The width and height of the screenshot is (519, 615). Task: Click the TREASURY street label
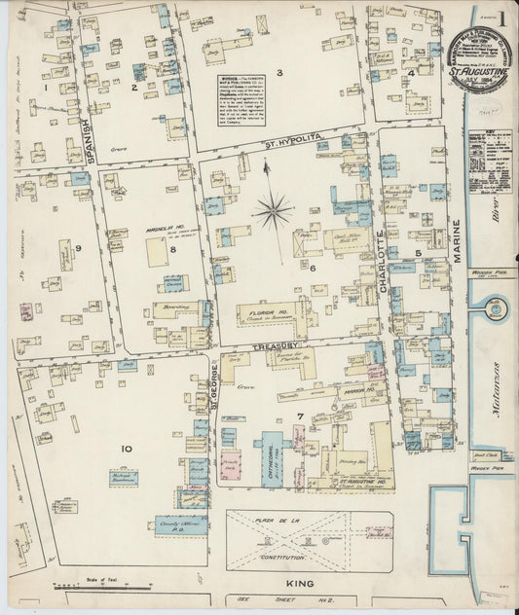click(279, 344)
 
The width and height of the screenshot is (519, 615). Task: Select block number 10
click(126, 448)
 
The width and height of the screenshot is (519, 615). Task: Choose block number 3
click(278, 73)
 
